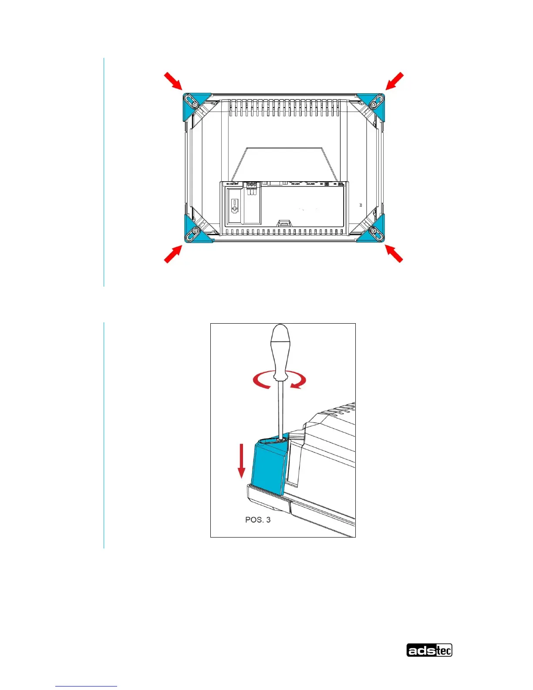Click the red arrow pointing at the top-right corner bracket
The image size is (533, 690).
click(x=395, y=81)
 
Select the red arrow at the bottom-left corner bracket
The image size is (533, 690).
click(x=173, y=254)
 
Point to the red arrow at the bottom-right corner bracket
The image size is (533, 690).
click(x=394, y=253)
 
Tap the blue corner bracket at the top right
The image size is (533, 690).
click(x=375, y=104)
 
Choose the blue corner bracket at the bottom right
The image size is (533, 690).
click(x=375, y=230)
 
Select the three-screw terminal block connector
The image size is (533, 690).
click(x=252, y=185)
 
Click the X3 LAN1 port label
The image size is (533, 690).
click(x=296, y=184)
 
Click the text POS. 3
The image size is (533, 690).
click(x=258, y=520)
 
